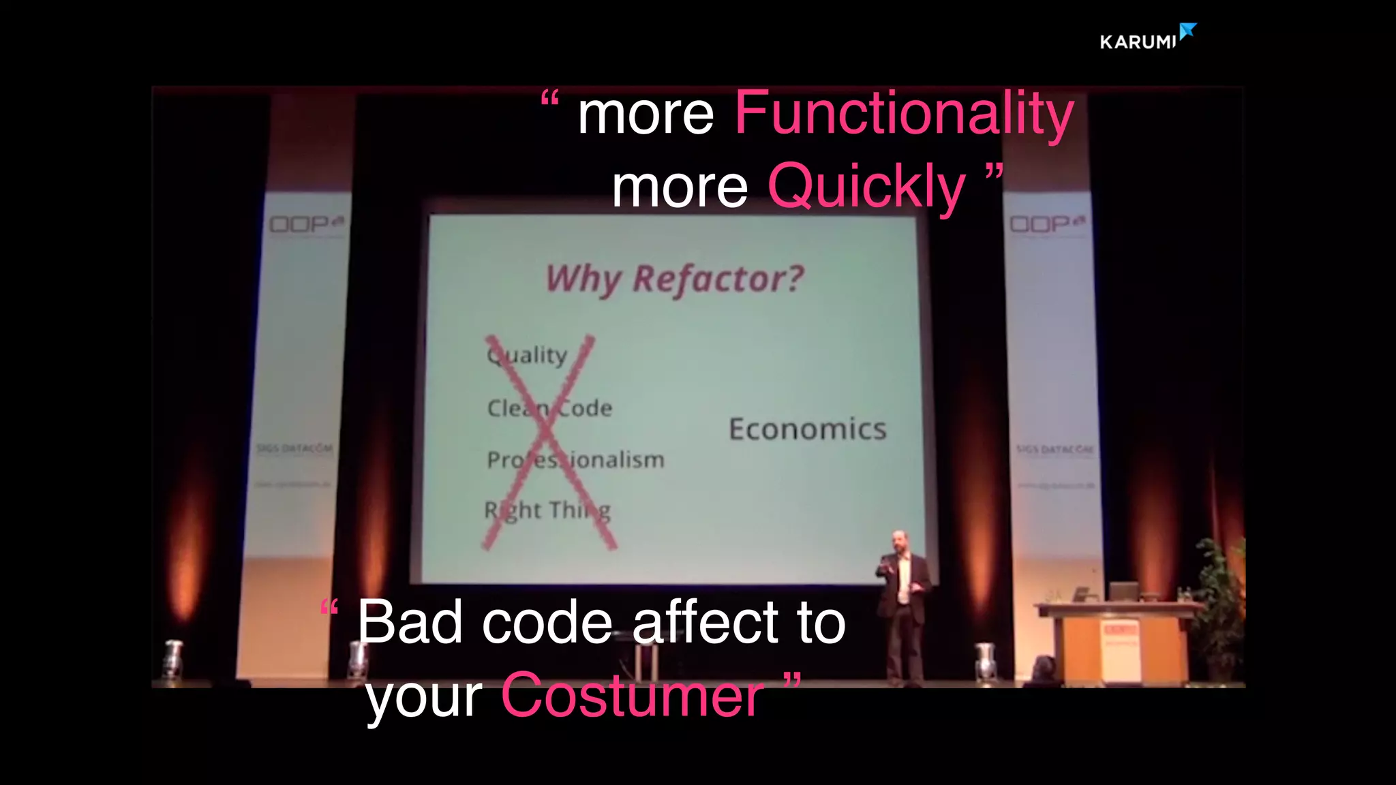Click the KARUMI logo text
[x=1138, y=42]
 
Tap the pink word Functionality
[x=904, y=114]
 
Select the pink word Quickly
[x=866, y=187]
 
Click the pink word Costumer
[x=633, y=696]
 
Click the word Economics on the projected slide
[x=808, y=429]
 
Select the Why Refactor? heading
[x=675, y=279]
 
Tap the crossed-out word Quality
[x=527, y=355]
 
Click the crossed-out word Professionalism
[x=575, y=460]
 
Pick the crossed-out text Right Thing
[x=547, y=510]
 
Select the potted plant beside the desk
[x=1224, y=600]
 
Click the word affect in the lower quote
[x=705, y=622]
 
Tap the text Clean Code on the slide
[x=549, y=408]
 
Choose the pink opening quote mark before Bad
[x=329, y=608]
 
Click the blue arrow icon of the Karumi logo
[x=1187, y=31]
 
